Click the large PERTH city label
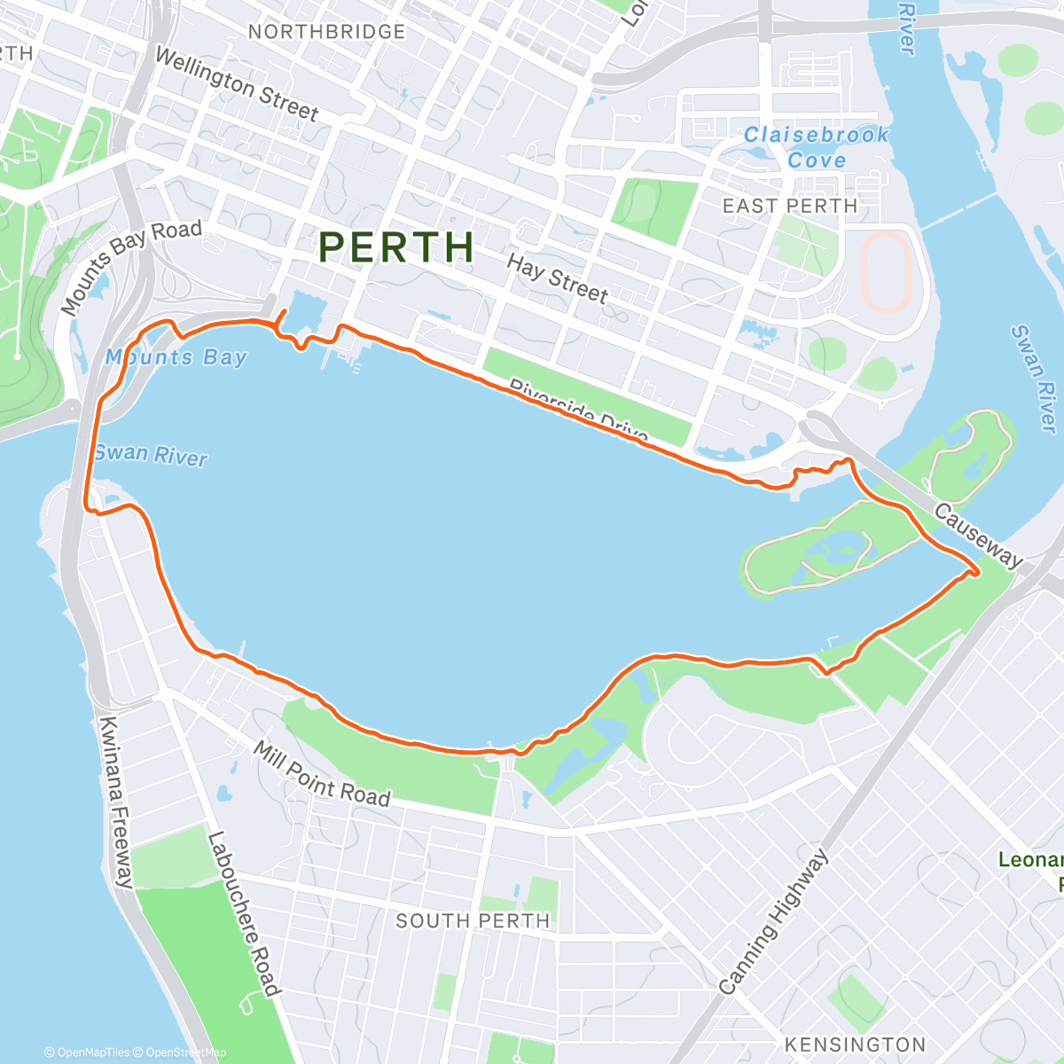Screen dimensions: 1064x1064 [x=396, y=247]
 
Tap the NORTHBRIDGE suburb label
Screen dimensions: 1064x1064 [x=326, y=32]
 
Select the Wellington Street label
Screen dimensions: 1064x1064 [x=236, y=84]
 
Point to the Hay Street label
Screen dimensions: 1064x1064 [x=557, y=278]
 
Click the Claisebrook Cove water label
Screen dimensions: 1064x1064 [x=816, y=147]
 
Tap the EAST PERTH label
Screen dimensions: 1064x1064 [x=790, y=207]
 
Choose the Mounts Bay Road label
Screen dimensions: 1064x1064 [x=131, y=264]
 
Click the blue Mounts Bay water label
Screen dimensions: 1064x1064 [x=176, y=357]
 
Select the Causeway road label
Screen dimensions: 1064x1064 [x=978, y=535]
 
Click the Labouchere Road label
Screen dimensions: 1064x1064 [x=243, y=913]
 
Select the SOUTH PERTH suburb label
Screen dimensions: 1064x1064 [x=473, y=921]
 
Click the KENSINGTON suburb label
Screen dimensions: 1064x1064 [x=855, y=1044]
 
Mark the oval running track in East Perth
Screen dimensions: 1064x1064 [x=886, y=272]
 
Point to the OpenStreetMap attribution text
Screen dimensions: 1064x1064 [x=186, y=1052]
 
